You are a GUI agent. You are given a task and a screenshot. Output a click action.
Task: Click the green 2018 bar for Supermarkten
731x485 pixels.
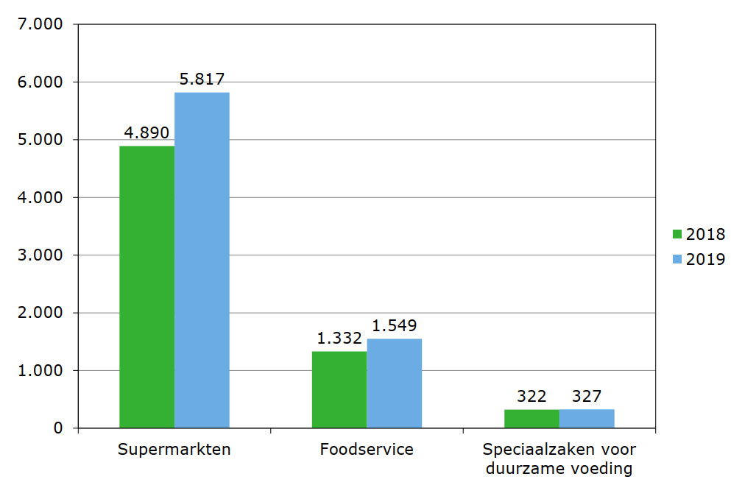[146, 287]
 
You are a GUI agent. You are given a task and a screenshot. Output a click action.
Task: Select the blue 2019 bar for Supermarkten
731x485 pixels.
[202, 260]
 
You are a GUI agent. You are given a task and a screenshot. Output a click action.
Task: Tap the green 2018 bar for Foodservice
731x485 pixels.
[339, 389]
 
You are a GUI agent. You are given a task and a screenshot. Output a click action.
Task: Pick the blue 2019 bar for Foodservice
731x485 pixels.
[395, 383]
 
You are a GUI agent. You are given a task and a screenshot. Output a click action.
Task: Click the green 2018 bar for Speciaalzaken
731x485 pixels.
[532, 419]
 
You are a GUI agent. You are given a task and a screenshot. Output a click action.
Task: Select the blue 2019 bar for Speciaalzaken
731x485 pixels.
[587, 419]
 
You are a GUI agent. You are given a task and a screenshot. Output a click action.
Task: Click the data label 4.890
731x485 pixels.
[146, 133]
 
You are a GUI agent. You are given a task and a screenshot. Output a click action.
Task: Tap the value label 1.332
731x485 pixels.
[339, 339]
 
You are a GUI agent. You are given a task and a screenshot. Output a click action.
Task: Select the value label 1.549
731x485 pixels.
[395, 325]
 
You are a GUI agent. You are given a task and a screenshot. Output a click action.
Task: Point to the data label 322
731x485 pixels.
[532, 397]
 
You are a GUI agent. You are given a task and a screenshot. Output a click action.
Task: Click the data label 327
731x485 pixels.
[587, 397]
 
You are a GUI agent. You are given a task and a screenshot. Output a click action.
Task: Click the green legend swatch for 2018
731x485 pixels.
[677, 235]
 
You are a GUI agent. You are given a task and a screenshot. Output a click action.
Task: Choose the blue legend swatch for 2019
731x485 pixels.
[677, 259]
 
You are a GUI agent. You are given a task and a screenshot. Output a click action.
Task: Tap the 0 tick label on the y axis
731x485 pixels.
[57, 428]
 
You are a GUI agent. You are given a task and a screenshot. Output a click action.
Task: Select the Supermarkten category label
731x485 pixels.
[174, 449]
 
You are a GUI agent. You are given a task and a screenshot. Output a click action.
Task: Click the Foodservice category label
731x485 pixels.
[367, 449]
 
